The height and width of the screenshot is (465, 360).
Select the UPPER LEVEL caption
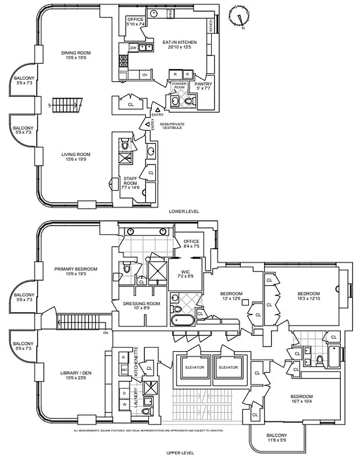pos(180,453)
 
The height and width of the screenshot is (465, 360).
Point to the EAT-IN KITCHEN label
pos(180,42)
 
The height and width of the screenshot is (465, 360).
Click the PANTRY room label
pos(203,84)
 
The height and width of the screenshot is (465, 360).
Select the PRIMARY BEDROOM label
pos(76,269)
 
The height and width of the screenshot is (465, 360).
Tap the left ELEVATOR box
pos(194,367)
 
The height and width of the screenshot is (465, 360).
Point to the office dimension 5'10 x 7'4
pos(135,24)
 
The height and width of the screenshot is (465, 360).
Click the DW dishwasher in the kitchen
pos(133,48)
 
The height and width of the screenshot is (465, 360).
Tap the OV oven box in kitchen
pos(145,74)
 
